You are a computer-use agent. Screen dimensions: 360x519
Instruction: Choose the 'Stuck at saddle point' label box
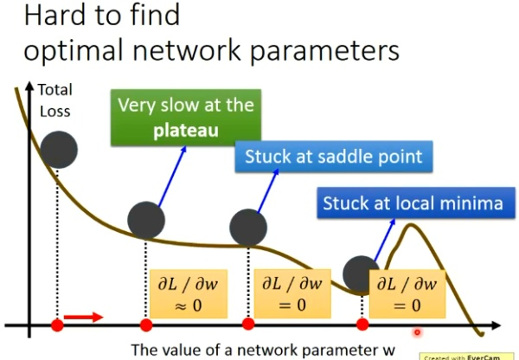click(x=333, y=157)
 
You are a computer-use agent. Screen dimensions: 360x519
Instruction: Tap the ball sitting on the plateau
click(x=145, y=221)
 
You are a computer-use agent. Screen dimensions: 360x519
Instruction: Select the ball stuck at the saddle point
click(x=248, y=228)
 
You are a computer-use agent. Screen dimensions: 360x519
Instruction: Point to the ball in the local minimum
click(x=361, y=274)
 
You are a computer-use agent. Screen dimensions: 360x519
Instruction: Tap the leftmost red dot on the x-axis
click(x=57, y=325)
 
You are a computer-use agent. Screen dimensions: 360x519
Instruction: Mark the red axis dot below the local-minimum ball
click(x=362, y=325)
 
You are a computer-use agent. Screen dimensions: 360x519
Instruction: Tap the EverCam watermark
click(x=468, y=356)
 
